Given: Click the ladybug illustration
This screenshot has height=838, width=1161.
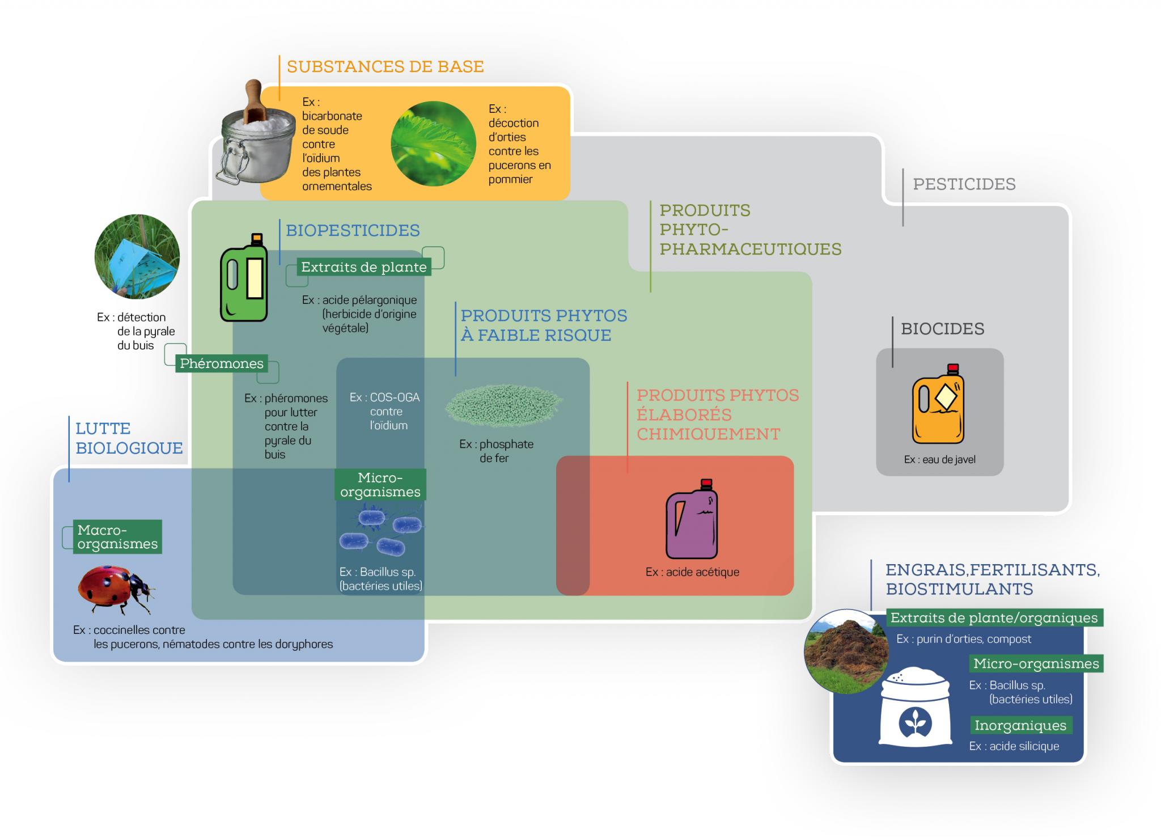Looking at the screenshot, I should coord(116,589).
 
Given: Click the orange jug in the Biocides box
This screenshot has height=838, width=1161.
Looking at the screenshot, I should coord(938,405).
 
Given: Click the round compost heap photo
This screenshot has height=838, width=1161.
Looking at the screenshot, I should coord(846,651).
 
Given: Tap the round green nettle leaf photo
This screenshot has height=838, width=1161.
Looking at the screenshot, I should coord(433,144).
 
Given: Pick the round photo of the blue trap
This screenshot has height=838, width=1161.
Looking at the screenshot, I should coord(137,257).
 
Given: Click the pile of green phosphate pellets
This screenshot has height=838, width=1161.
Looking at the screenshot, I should coord(503,405).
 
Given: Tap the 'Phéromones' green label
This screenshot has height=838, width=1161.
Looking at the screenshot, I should coord(222,363).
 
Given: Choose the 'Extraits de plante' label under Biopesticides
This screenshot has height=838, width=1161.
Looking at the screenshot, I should coord(364,267).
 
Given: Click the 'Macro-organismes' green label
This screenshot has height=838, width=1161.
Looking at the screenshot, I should coord(118,537).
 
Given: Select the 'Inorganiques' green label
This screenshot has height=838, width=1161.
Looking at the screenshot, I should coord(1020,725).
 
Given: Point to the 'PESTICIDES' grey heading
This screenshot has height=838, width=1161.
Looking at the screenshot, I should coord(964,184).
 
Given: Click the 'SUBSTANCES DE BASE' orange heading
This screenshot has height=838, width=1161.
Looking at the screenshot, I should coord(385,67).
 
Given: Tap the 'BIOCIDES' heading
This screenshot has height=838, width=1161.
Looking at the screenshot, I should coord(942,329).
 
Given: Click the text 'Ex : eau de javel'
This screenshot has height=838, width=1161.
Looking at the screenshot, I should coord(939,460).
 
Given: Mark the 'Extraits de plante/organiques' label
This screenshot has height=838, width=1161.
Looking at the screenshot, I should coord(994,618).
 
